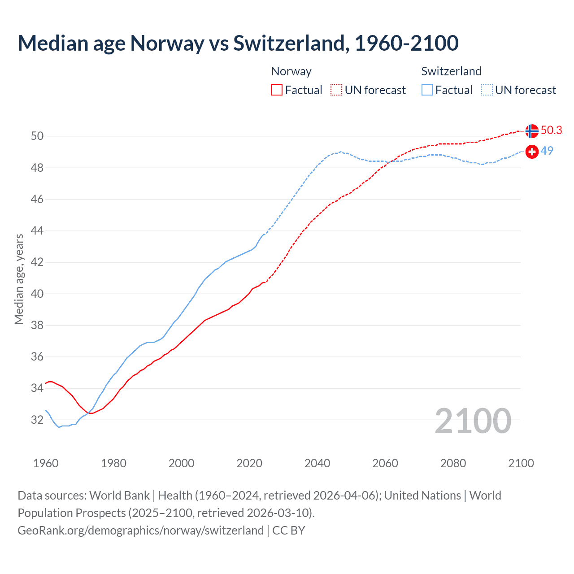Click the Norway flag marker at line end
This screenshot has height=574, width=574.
pyautogui.click(x=532, y=131)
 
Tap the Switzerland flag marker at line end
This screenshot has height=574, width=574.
pyautogui.click(x=532, y=152)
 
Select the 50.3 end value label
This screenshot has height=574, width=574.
pyautogui.click(x=551, y=130)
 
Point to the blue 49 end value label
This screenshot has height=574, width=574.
pyautogui.click(x=547, y=151)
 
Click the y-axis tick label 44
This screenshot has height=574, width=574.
pyautogui.click(x=37, y=231)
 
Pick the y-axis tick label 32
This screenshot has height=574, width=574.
pyautogui.click(x=37, y=420)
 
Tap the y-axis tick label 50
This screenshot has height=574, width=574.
pyautogui.click(x=37, y=136)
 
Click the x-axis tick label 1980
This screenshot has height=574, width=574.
pyautogui.click(x=113, y=463)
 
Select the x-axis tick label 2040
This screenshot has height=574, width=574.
pyautogui.click(x=317, y=463)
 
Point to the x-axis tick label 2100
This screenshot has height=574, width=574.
pyautogui.click(x=521, y=463)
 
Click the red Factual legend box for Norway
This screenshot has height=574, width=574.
pyautogui.click(x=277, y=90)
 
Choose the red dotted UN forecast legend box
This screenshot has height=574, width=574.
pyautogui.click(x=336, y=90)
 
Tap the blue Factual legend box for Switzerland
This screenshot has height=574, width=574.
pyautogui.click(x=427, y=90)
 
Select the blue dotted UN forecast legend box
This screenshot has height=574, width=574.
pyautogui.click(x=487, y=90)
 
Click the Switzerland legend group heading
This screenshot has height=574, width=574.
pyautogui.click(x=451, y=71)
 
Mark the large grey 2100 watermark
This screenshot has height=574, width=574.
pyautogui.click(x=473, y=421)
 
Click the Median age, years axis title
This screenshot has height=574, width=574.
pyautogui.click(x=19, y=279)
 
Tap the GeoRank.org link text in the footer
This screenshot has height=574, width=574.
pyautogui.click(x=140, y=530)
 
